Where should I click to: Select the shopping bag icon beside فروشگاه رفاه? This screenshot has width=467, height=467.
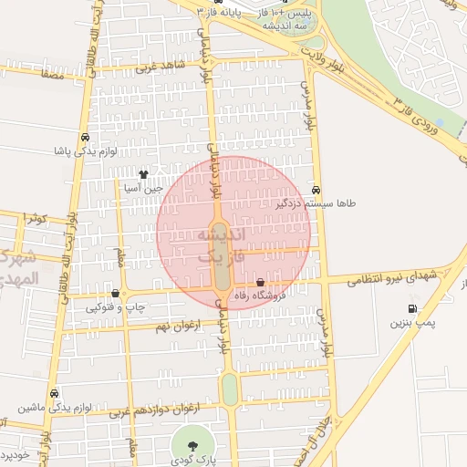(x=262, y=283)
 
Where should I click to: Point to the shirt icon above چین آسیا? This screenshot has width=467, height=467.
(x=143, y=172)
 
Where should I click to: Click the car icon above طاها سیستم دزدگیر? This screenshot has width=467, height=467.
(x=316, y=190)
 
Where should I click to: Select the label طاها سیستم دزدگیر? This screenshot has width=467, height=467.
(x=315, y=204)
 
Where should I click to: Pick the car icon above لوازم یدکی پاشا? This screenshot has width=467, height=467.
(x=85, y=137)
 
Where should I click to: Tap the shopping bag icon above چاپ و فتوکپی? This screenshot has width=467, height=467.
(x=115, y=293)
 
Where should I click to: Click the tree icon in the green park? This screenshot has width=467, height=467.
(x=192, y=444)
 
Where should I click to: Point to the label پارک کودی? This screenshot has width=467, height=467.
(x=192, y=462)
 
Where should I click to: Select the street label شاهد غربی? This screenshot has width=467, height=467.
(x=160, y=67)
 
